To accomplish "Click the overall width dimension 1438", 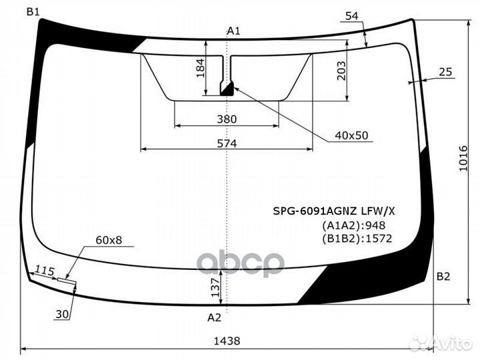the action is [x=227, y=341].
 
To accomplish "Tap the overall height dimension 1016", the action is [x=463, y=158].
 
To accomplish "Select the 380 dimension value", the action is [x=227, y=119].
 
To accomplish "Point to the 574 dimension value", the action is [x=227, y=143].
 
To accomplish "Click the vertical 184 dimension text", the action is [x=201, y=68].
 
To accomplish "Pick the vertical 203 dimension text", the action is [x=341, y=71].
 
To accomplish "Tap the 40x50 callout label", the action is [x=351, y=135].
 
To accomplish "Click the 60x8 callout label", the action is [x=109, y=240].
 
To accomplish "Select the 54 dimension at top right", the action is [x=352, y=16].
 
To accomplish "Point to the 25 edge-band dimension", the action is [x=445, y=72].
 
